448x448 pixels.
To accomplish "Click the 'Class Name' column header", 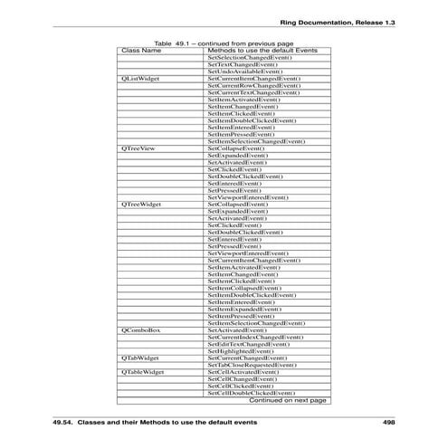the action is (141, 51).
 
